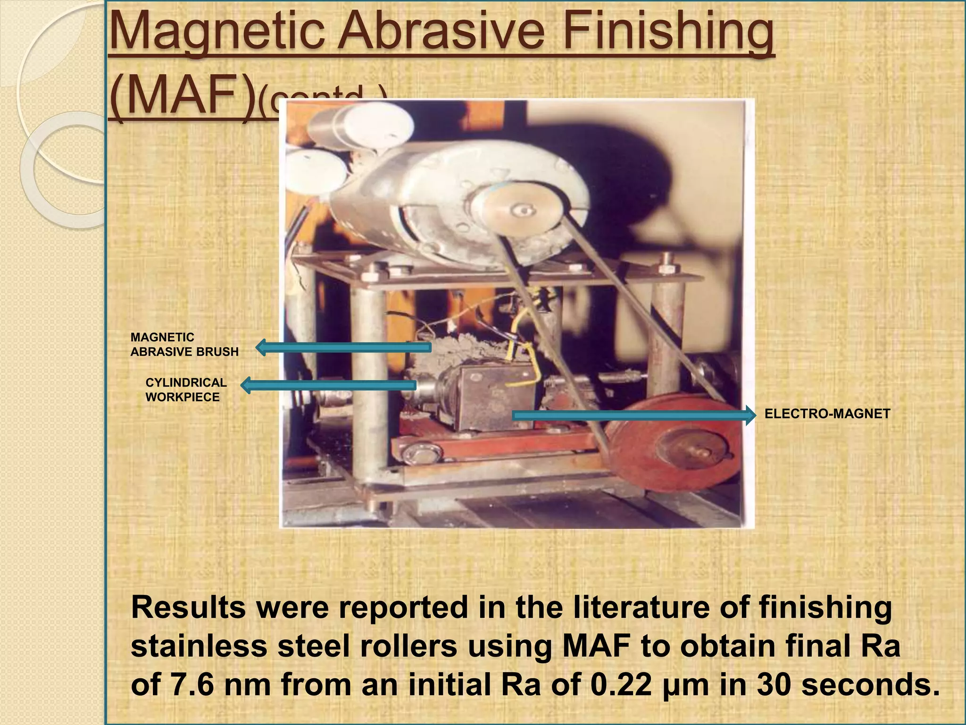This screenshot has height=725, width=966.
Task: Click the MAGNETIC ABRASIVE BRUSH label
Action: (184, 345)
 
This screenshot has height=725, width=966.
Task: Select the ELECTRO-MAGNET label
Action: (827, 414)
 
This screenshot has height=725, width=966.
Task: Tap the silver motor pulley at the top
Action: (516, 210)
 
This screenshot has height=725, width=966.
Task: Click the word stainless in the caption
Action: (199, 646)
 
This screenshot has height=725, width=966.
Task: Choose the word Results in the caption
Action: (188, 607)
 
